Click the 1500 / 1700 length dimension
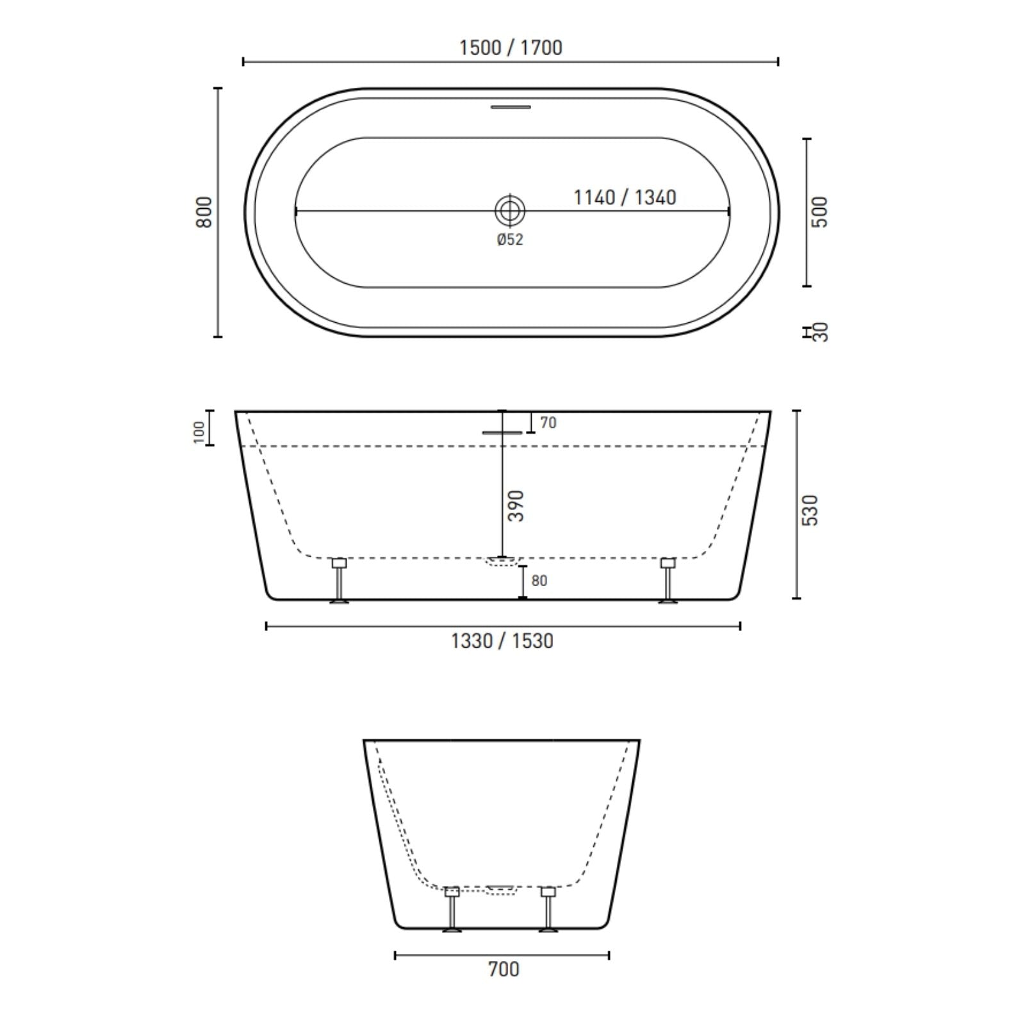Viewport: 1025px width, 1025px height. (x=511, y=48)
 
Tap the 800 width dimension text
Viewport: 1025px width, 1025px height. (x=204, y=212)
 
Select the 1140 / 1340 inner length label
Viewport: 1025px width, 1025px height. (x=625, y=197)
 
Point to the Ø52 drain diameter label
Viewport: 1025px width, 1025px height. (x=510, y=240)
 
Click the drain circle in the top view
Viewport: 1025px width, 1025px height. (x=510, y=210)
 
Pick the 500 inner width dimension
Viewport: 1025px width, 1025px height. (x=820, y=212)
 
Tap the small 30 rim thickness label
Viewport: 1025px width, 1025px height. (x=821, y=332)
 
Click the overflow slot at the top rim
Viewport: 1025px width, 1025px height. (x=511, y=107)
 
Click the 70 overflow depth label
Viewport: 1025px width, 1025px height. (x=548, y=423)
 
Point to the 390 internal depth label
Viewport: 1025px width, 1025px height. (x=516, y=505)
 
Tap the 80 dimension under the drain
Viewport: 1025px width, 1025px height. (x=539, y=580)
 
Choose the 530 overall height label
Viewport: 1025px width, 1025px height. (x=811, y=510)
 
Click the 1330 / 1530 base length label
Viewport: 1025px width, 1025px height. (x=502, y=641)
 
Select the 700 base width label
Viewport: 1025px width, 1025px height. (x=504, y=969)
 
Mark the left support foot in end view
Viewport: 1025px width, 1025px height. (x=452, y=909)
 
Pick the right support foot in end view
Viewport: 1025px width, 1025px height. (x=548, y=909)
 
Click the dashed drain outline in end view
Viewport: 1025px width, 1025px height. (x=501, y=890)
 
